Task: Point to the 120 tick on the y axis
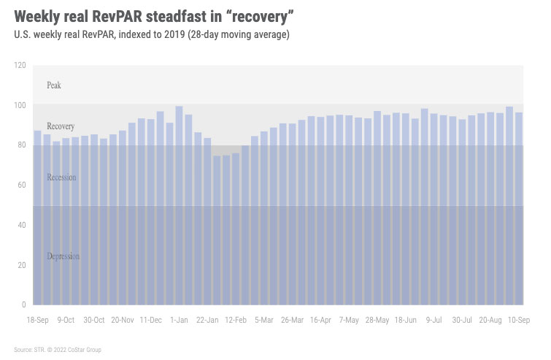19,66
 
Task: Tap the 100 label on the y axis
19,105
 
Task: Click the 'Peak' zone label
54,85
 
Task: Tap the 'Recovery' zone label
61,126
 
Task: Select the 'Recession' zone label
61,177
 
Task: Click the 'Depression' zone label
63,256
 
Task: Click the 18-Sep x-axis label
38,320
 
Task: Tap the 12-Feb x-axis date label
236,320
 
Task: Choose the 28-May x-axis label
377,320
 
